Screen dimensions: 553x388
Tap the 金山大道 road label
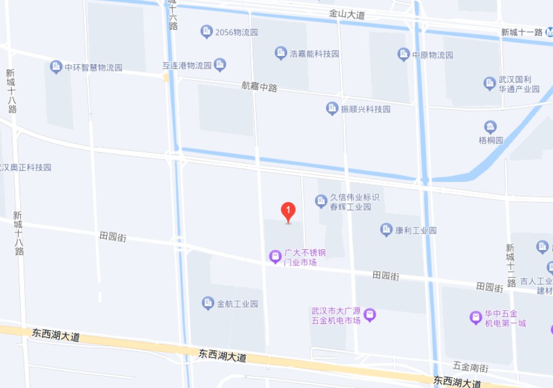pyautogui.click(x=346, y=14)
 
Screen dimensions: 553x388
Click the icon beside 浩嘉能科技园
pyautogui.click(x=280, y=53)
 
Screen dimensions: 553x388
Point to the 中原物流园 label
pyautogui.click(x=432, y=55)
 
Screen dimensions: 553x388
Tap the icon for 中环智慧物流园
pyautogui.click(x=56, y=67)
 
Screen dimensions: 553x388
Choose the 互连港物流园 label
pyautogui.click(x=187, y=65)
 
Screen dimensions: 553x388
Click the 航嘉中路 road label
pyautogui.click(x=259, y=87)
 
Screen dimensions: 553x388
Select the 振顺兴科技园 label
pyautogui.click(x=365, y=109)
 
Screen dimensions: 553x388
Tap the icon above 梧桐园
pyautogui.click(x=491, y=127)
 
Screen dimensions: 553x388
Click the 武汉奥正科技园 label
pyautogui.click(x=26, y=168)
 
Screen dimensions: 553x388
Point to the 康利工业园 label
pyautogui.click(x=415, y=230)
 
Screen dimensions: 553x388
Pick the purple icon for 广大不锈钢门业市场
pyautogui.click(x=275, y=256)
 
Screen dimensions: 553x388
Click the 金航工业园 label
pyautogui.click(x=238, y=304)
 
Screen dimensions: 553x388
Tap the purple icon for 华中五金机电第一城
pyautogui.click(x=476, y=318)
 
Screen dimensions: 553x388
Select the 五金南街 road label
pyautogui.click(x=470, y=365)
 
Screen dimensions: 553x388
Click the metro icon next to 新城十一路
pyautogui.click(x=549, y=31)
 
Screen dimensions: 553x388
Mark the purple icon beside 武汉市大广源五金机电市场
pyautogui.click(x=370, y=314)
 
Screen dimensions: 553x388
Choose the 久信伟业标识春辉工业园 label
pyautogui.click(x=354, y=202)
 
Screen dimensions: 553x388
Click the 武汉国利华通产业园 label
pyautogui.click(x=519, y=84)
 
